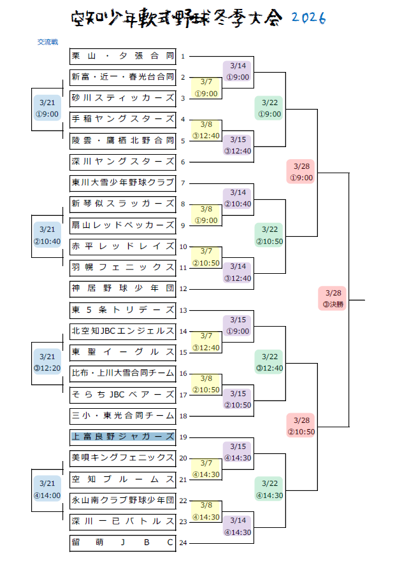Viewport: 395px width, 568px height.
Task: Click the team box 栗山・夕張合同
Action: click(x=122, y=56)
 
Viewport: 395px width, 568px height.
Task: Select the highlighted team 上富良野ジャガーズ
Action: click(x=122, y=437)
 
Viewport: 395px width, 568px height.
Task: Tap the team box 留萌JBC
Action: click(x=122, y=543)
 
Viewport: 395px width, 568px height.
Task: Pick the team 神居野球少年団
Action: click(x=122, y=288)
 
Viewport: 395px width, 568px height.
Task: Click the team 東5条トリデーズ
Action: click(x=122, y=310)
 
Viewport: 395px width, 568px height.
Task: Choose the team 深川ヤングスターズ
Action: click(x=122, y=162)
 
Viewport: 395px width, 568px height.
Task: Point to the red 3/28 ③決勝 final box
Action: click(x=333, y=299)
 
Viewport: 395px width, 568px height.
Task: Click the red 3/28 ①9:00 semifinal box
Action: click(x=301, y=171)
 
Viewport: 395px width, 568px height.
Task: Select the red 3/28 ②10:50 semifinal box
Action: click(x=301, y=426)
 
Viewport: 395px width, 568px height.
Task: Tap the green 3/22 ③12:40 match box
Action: click(x=269, y=362)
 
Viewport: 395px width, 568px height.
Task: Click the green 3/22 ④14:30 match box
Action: click(x=269, y=490)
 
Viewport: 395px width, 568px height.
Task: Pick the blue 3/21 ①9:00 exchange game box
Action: click(x=48, y=108)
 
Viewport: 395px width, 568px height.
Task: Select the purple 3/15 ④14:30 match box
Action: click(x=238, y=452)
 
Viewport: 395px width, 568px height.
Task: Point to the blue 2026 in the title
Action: click(x=308, y=18)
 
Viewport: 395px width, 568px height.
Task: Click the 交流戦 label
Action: click(x=48, y=42)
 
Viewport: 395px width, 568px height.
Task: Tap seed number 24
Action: click(x=183, y=544)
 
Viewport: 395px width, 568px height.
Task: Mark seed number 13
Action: click(x=183, y=311)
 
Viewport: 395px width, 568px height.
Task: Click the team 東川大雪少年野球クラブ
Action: click(x=122, y=183)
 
